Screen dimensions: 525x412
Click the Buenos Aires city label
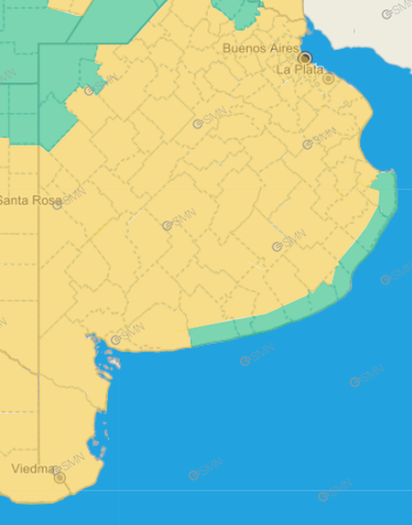click(x=259, y=48)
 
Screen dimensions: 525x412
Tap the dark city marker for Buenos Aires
click(x=305, y=58)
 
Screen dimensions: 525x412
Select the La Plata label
click(x=299, y=70)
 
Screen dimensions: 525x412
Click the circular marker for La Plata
click(x=328, y=78)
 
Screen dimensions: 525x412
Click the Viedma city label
click(x=32, y=469)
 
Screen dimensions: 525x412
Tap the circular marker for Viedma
click(x=59, y=478)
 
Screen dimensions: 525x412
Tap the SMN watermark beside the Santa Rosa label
click(x=70, y=198)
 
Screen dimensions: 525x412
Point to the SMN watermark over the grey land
click(x=397, y=11)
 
